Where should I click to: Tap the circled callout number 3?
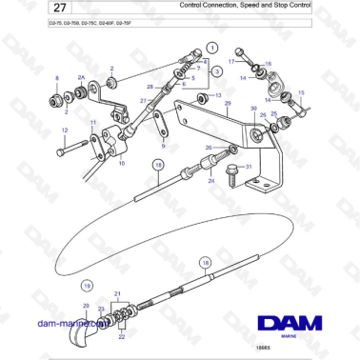pyautogui.click(x=217, y=71)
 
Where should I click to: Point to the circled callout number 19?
pyautogui.click(x=86, y=285)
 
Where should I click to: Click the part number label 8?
pyautogui.click(x=56, y=78)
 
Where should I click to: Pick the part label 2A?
pyautogui.click(x=81, y=76)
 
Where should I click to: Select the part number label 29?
pyautogui.click(x=227, y=102)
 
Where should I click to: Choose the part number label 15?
pyautogui.click(x=301, y=92)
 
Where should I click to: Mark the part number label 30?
pyautogui.click(x=253, y=110)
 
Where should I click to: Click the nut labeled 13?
pyautogui.click(x=200, y=97)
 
